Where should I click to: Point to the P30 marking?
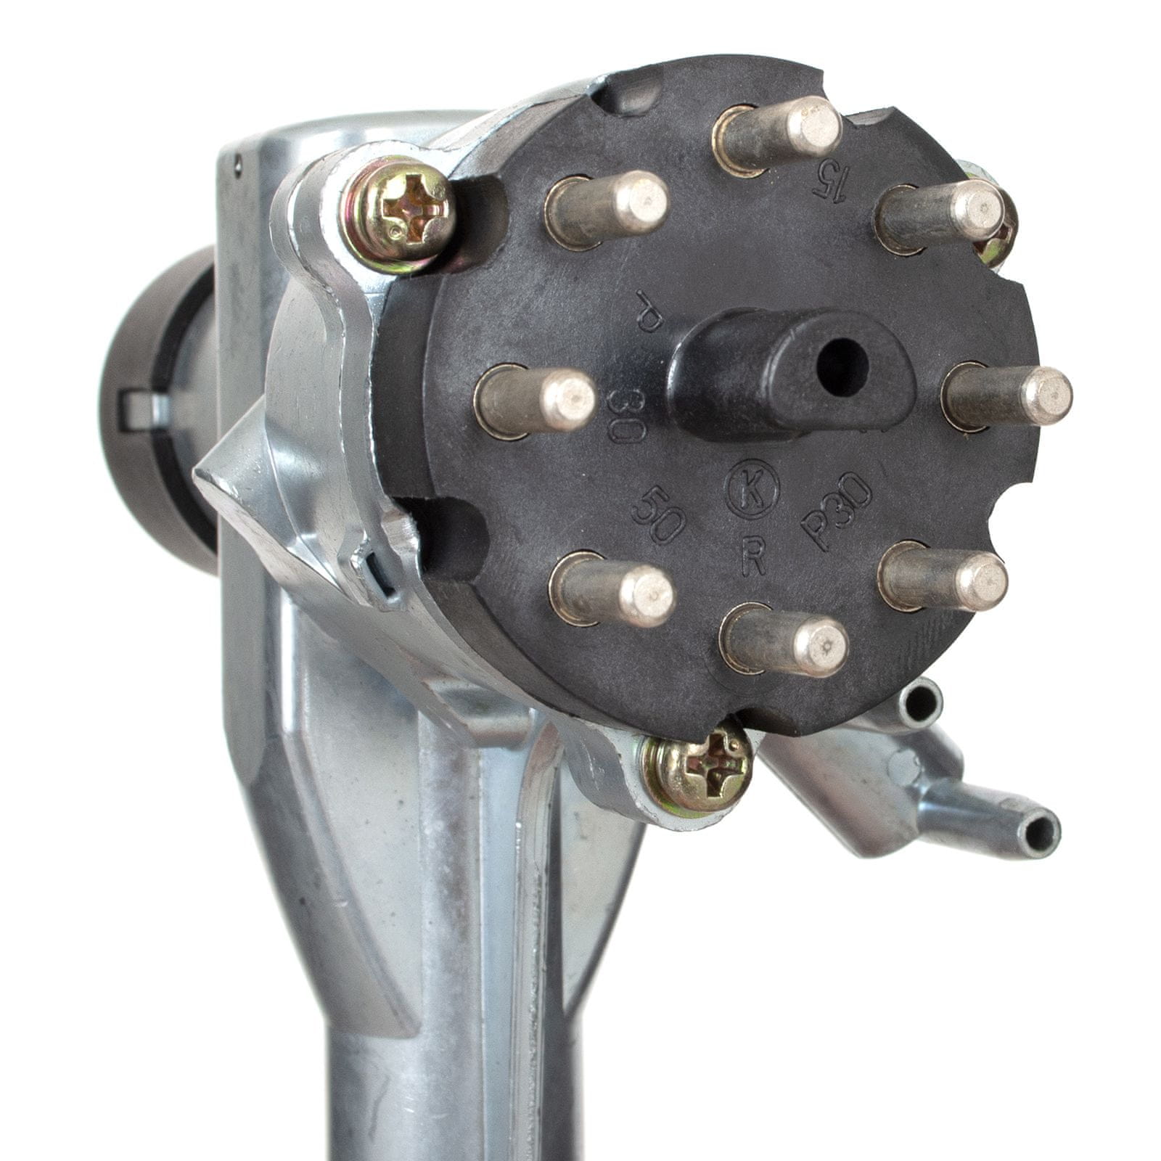836,512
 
